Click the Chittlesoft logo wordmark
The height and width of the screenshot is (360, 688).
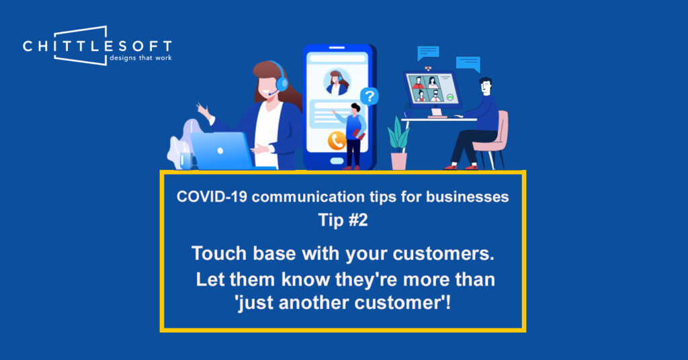tap(97, 46)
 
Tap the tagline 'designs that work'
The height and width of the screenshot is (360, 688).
tap(140, 58)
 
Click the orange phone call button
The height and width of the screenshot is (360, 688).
tap(337, 141)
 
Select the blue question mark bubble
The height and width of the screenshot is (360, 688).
tap(370, 96)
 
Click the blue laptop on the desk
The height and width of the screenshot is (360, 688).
tap(222, 151)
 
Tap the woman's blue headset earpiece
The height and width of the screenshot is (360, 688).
tap(282, 83)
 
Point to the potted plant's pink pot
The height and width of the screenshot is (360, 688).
tap(398, 161)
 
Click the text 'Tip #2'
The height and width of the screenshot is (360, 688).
tap(343, 220)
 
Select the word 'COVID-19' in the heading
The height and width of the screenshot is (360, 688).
tap(212, 197)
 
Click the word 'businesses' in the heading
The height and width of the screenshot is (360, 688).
tap(468, 197)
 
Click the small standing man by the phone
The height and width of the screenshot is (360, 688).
tap(353, 136)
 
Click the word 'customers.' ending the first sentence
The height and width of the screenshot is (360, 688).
tap(443, 253)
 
